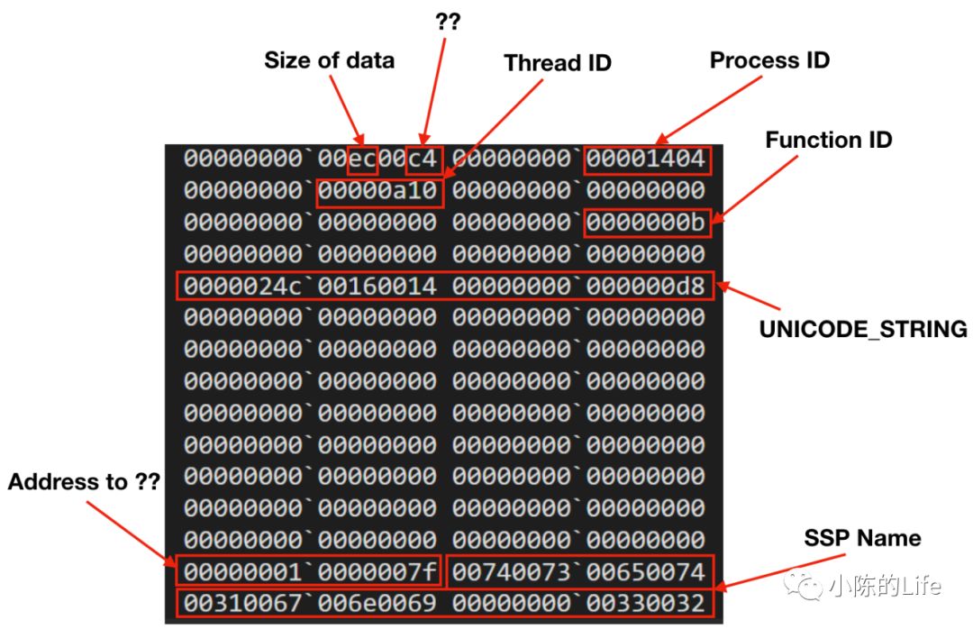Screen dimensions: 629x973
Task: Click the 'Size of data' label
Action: tap(329, 60)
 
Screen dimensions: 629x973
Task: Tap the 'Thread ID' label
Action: tap(558, 63)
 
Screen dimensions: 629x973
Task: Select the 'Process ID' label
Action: tap(769, 60)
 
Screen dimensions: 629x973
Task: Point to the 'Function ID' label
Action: tap(828, 141)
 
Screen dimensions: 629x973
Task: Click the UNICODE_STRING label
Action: tap(863, 330)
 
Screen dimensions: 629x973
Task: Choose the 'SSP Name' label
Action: tap(862, 539)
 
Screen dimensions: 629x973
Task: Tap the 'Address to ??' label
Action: tap(84, 482)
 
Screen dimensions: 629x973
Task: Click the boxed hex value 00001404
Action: tap(646, 160)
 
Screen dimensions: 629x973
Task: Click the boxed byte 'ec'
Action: tap(362, 160)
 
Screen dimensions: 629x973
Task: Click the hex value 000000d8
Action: tap(646, 287)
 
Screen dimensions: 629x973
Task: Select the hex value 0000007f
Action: tap(378, 571)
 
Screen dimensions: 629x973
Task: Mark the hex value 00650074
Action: tap(646, 571)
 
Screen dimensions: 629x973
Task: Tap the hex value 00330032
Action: tap(646, 603)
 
